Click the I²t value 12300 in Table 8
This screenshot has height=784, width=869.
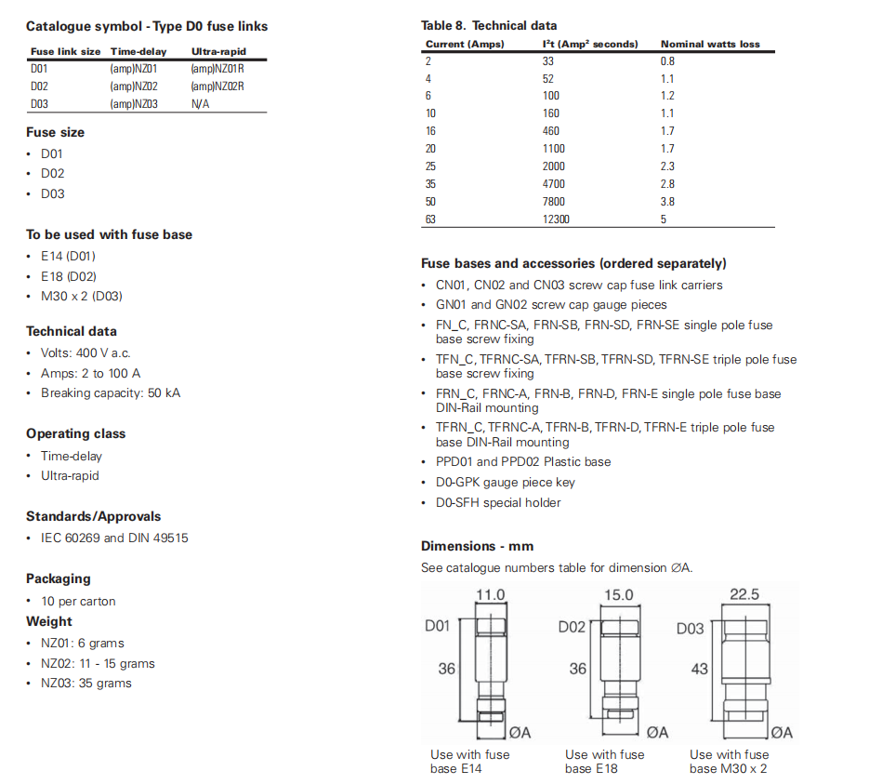(x=556, y=219)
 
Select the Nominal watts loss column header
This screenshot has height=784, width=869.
(x=710, y=44)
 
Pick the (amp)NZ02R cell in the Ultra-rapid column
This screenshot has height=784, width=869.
(x=217, y=86)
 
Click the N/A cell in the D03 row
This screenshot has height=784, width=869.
(x=200, y=104)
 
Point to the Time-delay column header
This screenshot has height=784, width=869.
(x=138, y=52)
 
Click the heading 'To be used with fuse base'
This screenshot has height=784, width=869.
(x=109, y=234)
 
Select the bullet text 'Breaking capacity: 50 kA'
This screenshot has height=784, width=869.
(x=111, y=392)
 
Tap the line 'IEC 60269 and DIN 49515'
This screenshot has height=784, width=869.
(x=114, y=538)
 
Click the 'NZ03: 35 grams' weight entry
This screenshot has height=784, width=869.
(x=86, y=683)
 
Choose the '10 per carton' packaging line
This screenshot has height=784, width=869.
(x=78, y=601)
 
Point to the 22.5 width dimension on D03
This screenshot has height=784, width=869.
(x=744, y=595)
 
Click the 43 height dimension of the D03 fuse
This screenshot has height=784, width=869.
(x=699, y=669)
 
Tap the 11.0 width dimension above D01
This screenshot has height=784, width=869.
(x=490, y=595)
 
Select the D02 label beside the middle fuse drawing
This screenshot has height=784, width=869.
(x=572, y=627)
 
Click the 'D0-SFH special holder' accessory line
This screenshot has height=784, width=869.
(x=498, y=502)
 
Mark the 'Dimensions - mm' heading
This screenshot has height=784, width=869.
(x=477, y=546)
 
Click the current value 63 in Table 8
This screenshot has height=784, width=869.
(x=430, y=219)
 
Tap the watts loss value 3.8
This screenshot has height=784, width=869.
(x=667, y=202)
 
